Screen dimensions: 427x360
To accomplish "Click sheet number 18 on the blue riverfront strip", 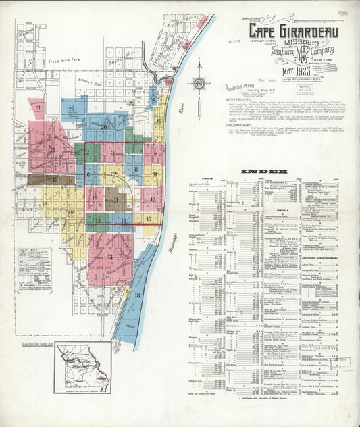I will (x=137, y=295).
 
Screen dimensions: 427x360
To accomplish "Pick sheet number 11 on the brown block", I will (x=116, y=199).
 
